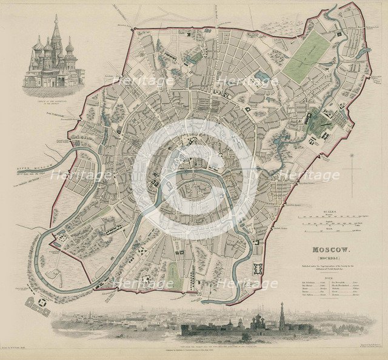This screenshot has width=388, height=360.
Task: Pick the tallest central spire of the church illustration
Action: (56, 30)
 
